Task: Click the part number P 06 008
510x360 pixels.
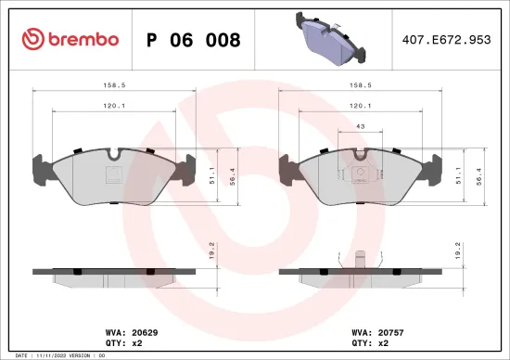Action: (x=194, y=40)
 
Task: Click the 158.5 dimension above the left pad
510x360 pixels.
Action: (x=114, y=85)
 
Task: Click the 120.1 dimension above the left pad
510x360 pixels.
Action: (x=114, y=106)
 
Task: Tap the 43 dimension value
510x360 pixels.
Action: (x=359, y=126)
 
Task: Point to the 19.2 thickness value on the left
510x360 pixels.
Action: (x=213, y=250)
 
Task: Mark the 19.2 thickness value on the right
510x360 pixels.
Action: (x=458, y=250)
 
